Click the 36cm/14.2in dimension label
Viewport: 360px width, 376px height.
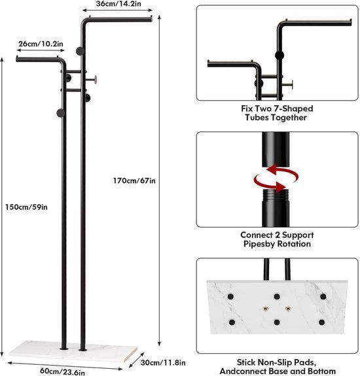pyautogui.click(x=118, y=4)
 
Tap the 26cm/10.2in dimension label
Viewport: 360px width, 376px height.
pyautogui.click(x=41, y=44)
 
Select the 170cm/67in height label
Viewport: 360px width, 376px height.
pyautogui.click(x=134, y=180)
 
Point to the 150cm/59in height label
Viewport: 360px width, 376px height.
pyautogui.click(x=26, y=207)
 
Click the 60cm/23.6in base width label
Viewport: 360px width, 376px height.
pyautogui.click(x=62, y=371)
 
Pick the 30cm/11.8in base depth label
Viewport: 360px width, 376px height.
pyautogui.click(x=163, y=362)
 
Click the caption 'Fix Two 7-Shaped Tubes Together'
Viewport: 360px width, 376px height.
pyautogui.click(x=277, y=113)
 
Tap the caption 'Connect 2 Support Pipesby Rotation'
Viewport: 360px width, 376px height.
pyautogui.click(x=277, y=239)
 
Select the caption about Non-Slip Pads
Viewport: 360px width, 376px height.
pyautogui.click(x=278, y=367)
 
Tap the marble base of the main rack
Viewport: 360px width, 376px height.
pyautogui.click(x=73, y=351)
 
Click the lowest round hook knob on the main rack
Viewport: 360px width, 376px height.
pyautogui.click(x=61, y=113)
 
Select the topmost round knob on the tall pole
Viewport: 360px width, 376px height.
pyautogui.click(x=80, y=51)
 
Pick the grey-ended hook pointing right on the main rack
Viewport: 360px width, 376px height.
pyautogui.click(x=92, y=79)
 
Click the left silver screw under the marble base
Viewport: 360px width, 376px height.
pyautogui.click(x=265, y=309)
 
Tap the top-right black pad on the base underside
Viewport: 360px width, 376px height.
pyautogui.click(x=323, y=297)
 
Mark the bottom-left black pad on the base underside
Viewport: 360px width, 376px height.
pyautogui.click(x=232, y=322)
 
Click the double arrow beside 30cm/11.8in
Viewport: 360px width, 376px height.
pyautogui.click(x=137, y=360)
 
